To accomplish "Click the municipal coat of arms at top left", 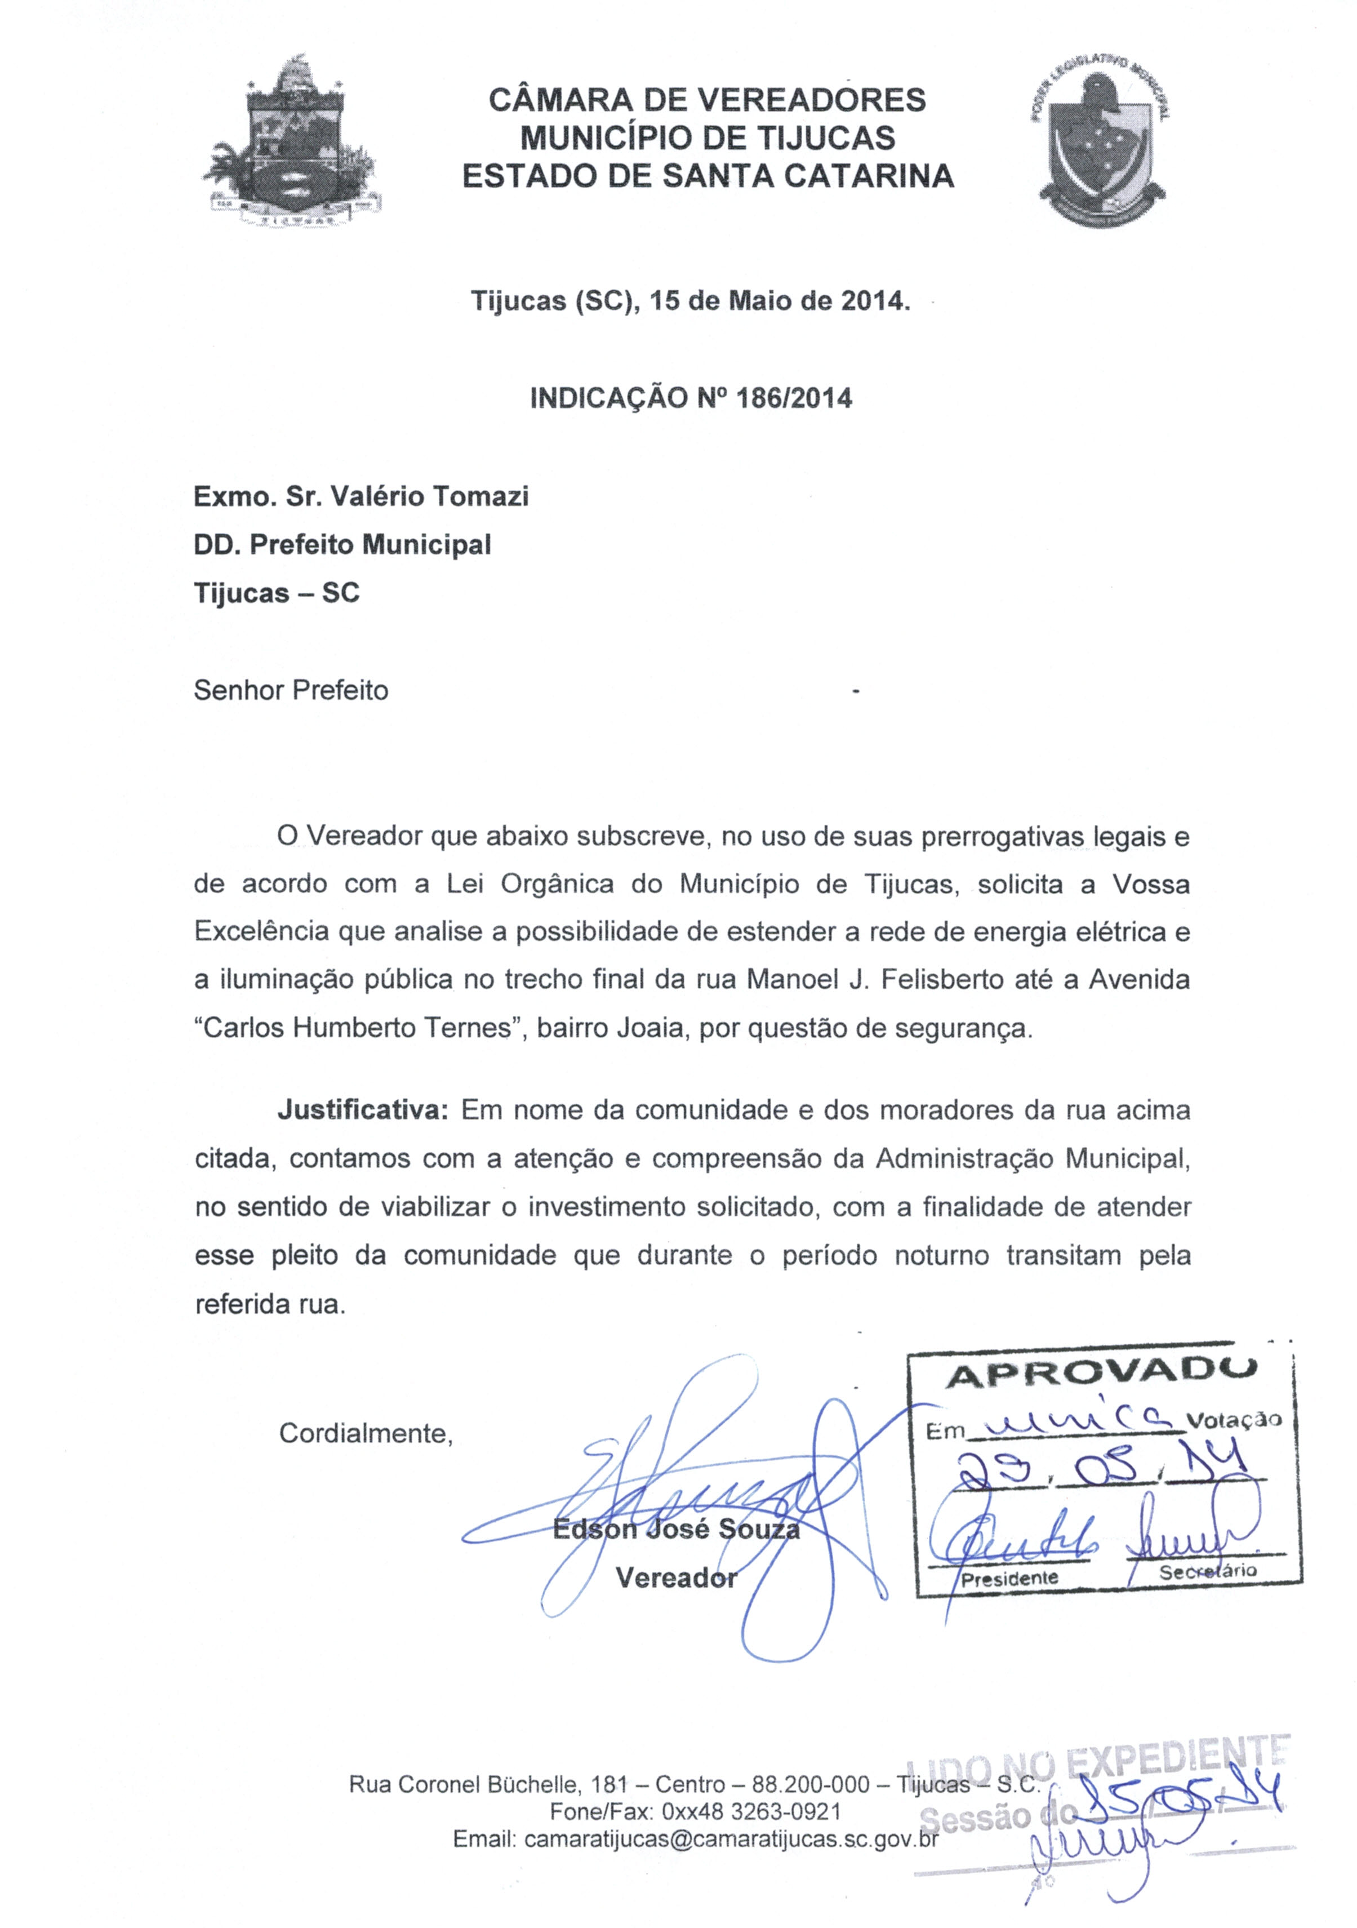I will (x=291, y=143).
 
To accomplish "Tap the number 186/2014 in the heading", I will (x=794, y=397).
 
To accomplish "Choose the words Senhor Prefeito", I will (x=291, y=690).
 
